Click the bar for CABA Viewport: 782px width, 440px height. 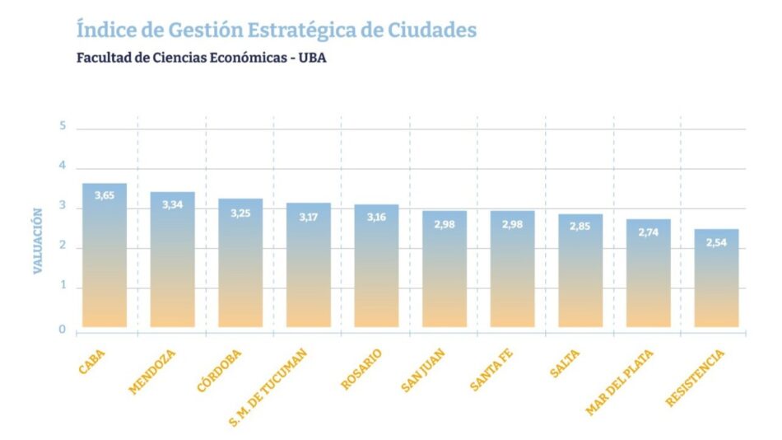[105, 255]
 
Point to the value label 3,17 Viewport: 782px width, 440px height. [308, 217]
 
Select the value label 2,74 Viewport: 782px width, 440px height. [648, 233]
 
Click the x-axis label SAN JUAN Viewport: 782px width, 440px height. [426, 371]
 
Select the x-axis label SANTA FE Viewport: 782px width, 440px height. [493, 369]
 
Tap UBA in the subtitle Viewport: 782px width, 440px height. [313, 59]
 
